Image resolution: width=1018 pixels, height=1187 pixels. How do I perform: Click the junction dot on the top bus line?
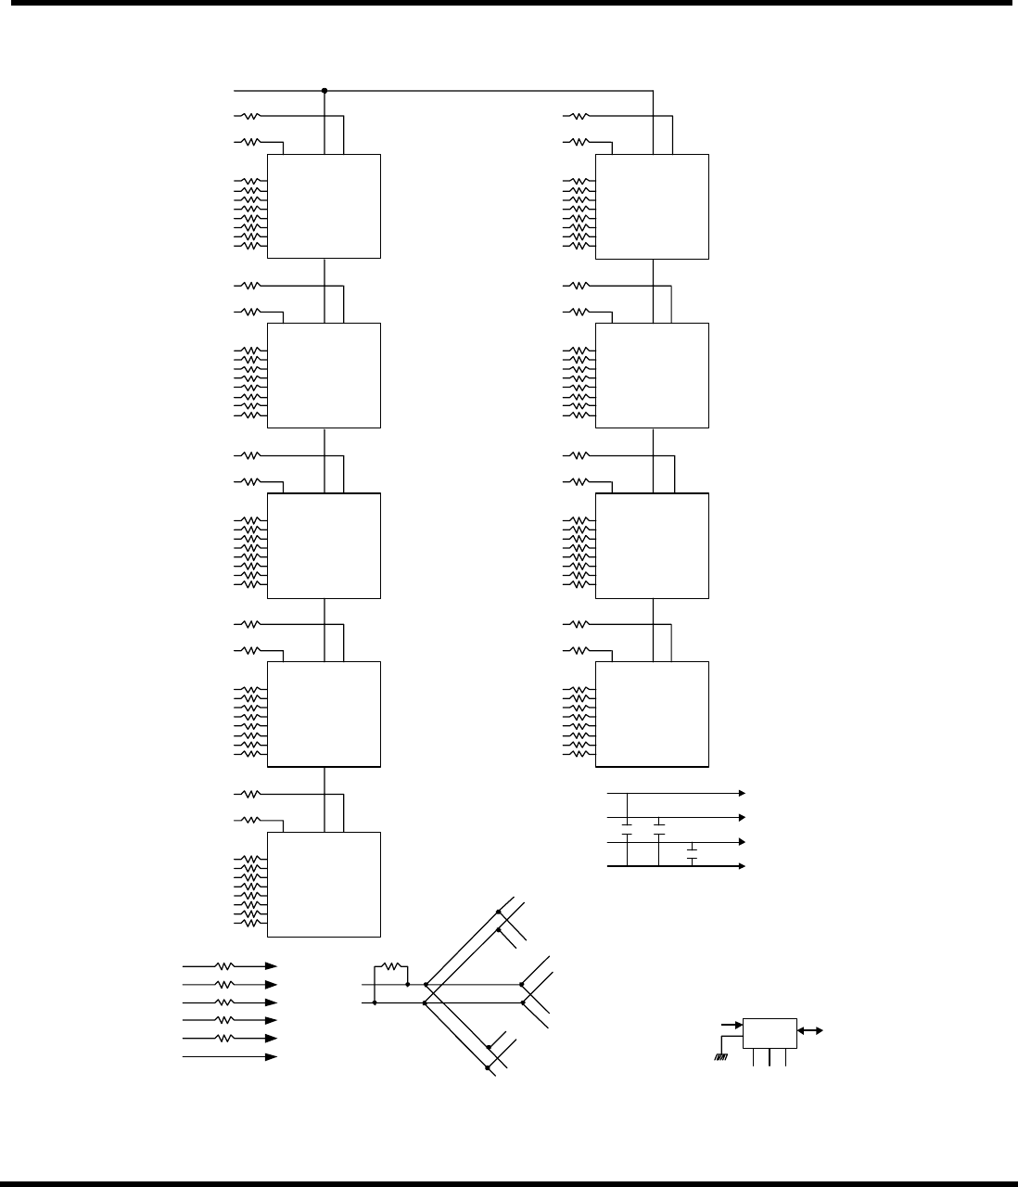(324, 91)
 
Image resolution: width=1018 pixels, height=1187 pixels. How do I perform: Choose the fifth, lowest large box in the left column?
(324, 884)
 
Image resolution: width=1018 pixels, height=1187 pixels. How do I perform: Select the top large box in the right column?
(652, 206)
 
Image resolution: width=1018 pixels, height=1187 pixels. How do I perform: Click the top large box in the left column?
(324, 206)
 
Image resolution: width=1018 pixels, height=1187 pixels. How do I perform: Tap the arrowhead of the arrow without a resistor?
(272, 1056)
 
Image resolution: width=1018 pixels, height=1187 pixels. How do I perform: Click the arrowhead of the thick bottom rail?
(741, 866)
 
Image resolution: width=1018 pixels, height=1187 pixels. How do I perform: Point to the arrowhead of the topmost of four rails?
(741, 794)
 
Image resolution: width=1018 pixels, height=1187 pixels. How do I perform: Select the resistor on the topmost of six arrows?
(224, 966)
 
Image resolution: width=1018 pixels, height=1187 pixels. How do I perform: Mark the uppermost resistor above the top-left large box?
(249, 116)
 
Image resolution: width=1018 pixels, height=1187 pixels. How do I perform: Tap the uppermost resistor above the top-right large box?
(578, 116)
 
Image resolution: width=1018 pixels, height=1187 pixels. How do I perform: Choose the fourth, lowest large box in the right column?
(652, 714)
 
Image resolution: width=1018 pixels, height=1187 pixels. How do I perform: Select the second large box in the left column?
(324, 375)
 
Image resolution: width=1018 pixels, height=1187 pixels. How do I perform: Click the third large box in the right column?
(652, 545)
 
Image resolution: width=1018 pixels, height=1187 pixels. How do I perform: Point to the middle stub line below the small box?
(770, 1056)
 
